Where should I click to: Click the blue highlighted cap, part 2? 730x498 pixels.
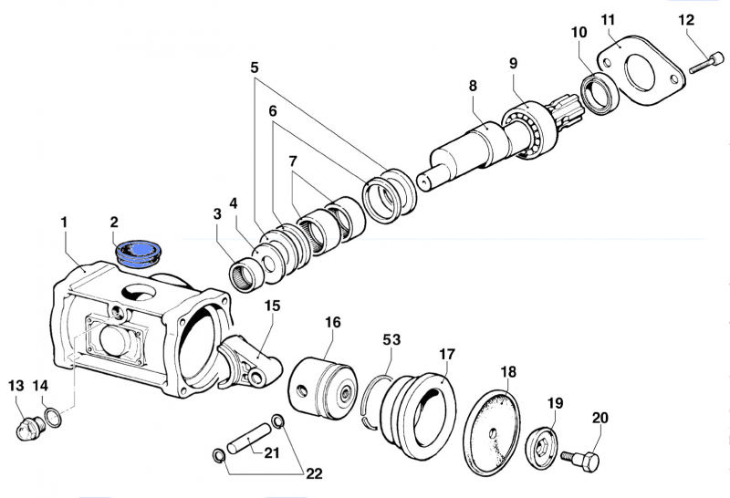[138, 249]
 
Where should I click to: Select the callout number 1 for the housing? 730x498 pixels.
[64, 222]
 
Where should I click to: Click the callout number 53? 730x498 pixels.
[391, 340]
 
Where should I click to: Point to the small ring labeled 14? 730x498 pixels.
[55, 417]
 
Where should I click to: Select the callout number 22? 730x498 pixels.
[314, 473]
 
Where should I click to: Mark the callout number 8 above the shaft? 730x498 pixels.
[473, 86]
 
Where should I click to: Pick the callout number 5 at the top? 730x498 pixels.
[255, 67]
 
